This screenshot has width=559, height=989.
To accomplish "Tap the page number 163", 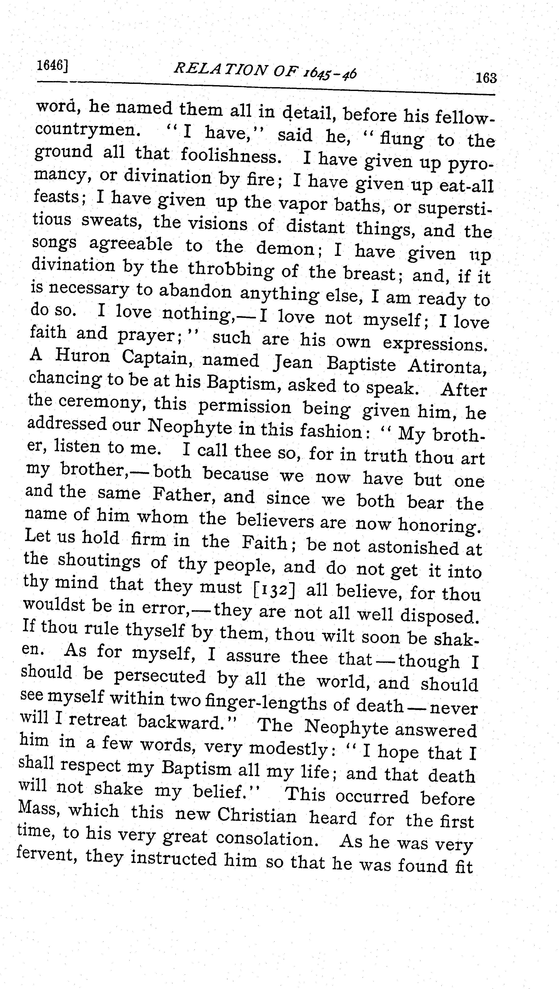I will [486, 78].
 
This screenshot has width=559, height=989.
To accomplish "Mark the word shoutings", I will [99, 562].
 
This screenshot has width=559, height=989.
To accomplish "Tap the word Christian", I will [257, 815].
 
